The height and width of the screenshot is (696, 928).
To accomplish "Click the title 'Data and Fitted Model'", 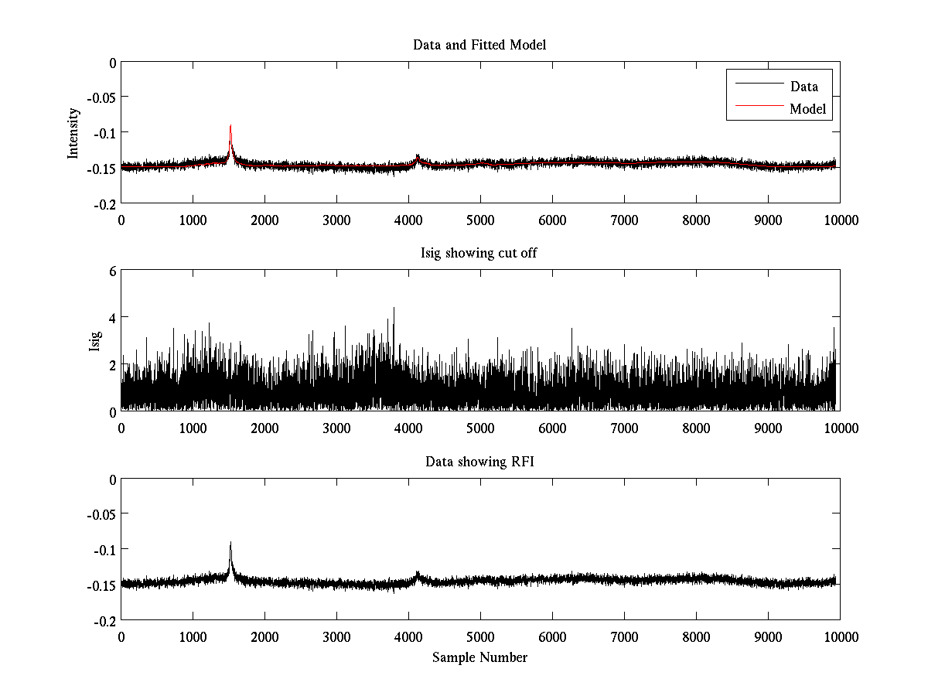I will pos(479,45).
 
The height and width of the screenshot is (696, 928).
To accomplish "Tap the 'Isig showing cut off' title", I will pos(479,254).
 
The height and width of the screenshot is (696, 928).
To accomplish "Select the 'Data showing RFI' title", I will pos(479,462).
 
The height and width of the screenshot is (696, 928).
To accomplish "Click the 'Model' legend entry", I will pos(807,109).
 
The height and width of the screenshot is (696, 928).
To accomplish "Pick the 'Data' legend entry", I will pos(803,87).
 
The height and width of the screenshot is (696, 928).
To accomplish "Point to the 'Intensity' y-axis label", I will pos(73,132).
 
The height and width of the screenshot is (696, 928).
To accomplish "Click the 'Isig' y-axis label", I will pos(94,341).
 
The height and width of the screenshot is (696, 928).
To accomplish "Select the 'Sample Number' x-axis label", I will pos(479,657).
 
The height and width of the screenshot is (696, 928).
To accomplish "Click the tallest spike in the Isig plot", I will pos(394,309).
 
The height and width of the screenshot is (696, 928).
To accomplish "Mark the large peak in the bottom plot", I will pos(230,544).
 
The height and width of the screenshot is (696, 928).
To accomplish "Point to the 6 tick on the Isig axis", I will pos(111,271).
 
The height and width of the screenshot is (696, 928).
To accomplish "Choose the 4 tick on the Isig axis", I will pos(111,318).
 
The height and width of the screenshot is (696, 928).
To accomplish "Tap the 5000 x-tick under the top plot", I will pos(480,220).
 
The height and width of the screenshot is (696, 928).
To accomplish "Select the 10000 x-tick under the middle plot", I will pos(840,428).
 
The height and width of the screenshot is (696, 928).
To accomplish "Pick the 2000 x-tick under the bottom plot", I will pos(264,636).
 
